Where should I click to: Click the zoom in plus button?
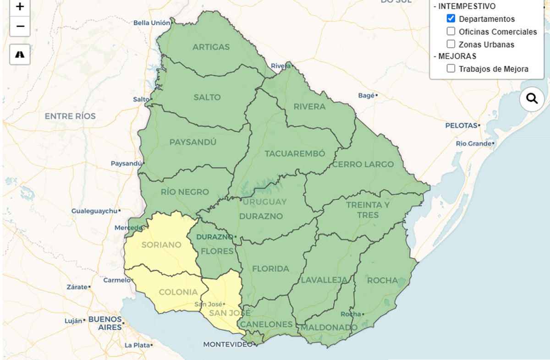click(x=20, y=7)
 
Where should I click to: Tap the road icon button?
click(x=20, y=55)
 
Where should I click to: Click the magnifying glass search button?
click(x=532, y=99)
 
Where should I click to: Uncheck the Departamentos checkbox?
click(x=451, y=19)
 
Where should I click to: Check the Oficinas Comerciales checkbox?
click(x=451, y=32)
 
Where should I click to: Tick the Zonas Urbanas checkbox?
click(x=451, y=44)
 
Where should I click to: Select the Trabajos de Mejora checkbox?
click(x=451, y=69)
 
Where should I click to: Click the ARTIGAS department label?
click(x=211, y=47)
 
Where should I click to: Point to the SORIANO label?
click(x=161, y=245)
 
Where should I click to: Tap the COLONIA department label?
click(x=178, y=292)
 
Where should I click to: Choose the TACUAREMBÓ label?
click(x=295, y=153)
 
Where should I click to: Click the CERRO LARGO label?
click(x=363, y=164)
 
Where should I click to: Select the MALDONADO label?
click(x=329, y=328)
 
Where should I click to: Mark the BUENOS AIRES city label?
click(x=105, y=323)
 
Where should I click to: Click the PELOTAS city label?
click(x=461, y=125)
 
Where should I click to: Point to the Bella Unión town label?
click(x=152, y=23)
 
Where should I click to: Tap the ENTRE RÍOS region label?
click(x=70, y=116)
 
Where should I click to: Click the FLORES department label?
click(x=217, y=251)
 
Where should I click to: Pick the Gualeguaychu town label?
click(x=94, y=211)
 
